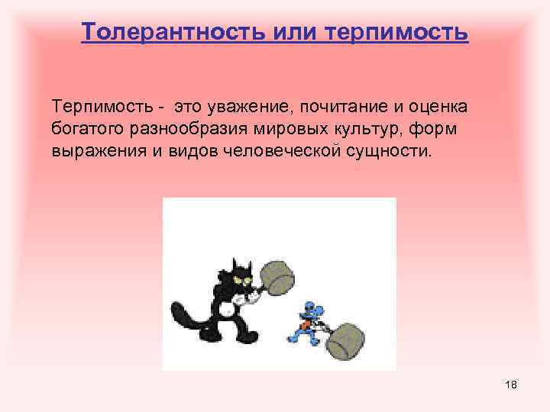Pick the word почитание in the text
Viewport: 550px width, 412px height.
348,104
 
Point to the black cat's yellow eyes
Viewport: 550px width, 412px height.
242,283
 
